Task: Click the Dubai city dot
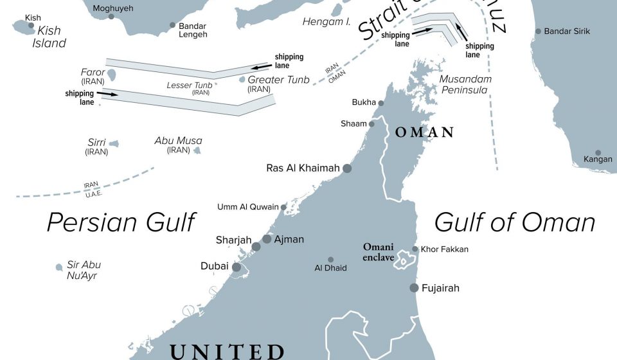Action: pos(237,267)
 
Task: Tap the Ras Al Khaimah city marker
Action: pos(347,168)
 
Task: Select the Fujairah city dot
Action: pos(415,287)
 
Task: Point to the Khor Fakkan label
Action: pos(444,249)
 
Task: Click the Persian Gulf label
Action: pos(121,222)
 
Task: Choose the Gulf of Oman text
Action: pos(514,222)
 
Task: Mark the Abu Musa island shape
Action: pos(197,151)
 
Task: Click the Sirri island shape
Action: pos(114,144)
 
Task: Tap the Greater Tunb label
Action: pos(278,80)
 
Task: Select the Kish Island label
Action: pos(51,37)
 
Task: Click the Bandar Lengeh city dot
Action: pos(172,26)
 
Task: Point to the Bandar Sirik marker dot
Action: pos(539,31)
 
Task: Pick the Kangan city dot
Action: pos(598,153)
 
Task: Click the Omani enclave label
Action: pos(379,252)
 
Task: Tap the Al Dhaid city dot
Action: pos(331,260)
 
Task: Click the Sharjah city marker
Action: pos(256,247)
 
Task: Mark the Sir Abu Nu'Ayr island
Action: pos(59,267)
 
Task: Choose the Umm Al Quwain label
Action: pos(248,207)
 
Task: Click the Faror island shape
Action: pos(112,75)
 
